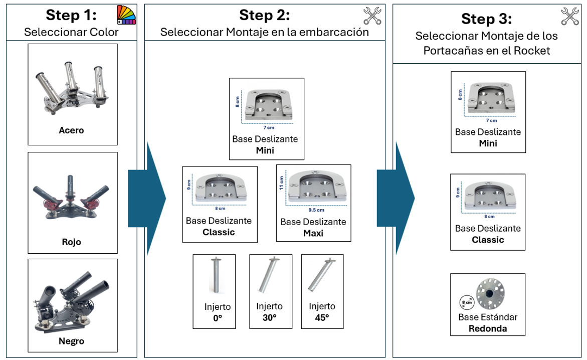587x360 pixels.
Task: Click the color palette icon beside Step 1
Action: click(x=126, y=15)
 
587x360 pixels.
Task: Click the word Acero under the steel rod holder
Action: click(x=71, y=130)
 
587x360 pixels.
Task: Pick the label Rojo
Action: click(x=71, y=242)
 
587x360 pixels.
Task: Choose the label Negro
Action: click(x=71, y=341)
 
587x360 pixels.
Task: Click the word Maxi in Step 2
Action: click(x=313, y=233)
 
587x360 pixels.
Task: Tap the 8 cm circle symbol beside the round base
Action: click(x=466, y=303)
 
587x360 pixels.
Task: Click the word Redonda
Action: click(x=488, y=329)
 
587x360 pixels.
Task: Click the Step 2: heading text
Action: click(x=264, y=15)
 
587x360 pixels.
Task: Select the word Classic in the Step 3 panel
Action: click(x=488, y=240)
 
